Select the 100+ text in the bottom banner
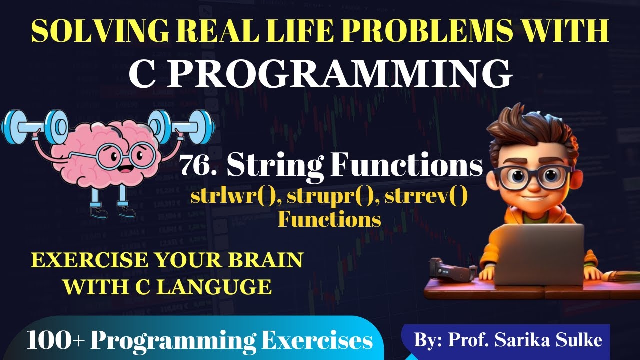(55, 341)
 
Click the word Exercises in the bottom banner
(320, 341)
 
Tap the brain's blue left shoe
(98, 213)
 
